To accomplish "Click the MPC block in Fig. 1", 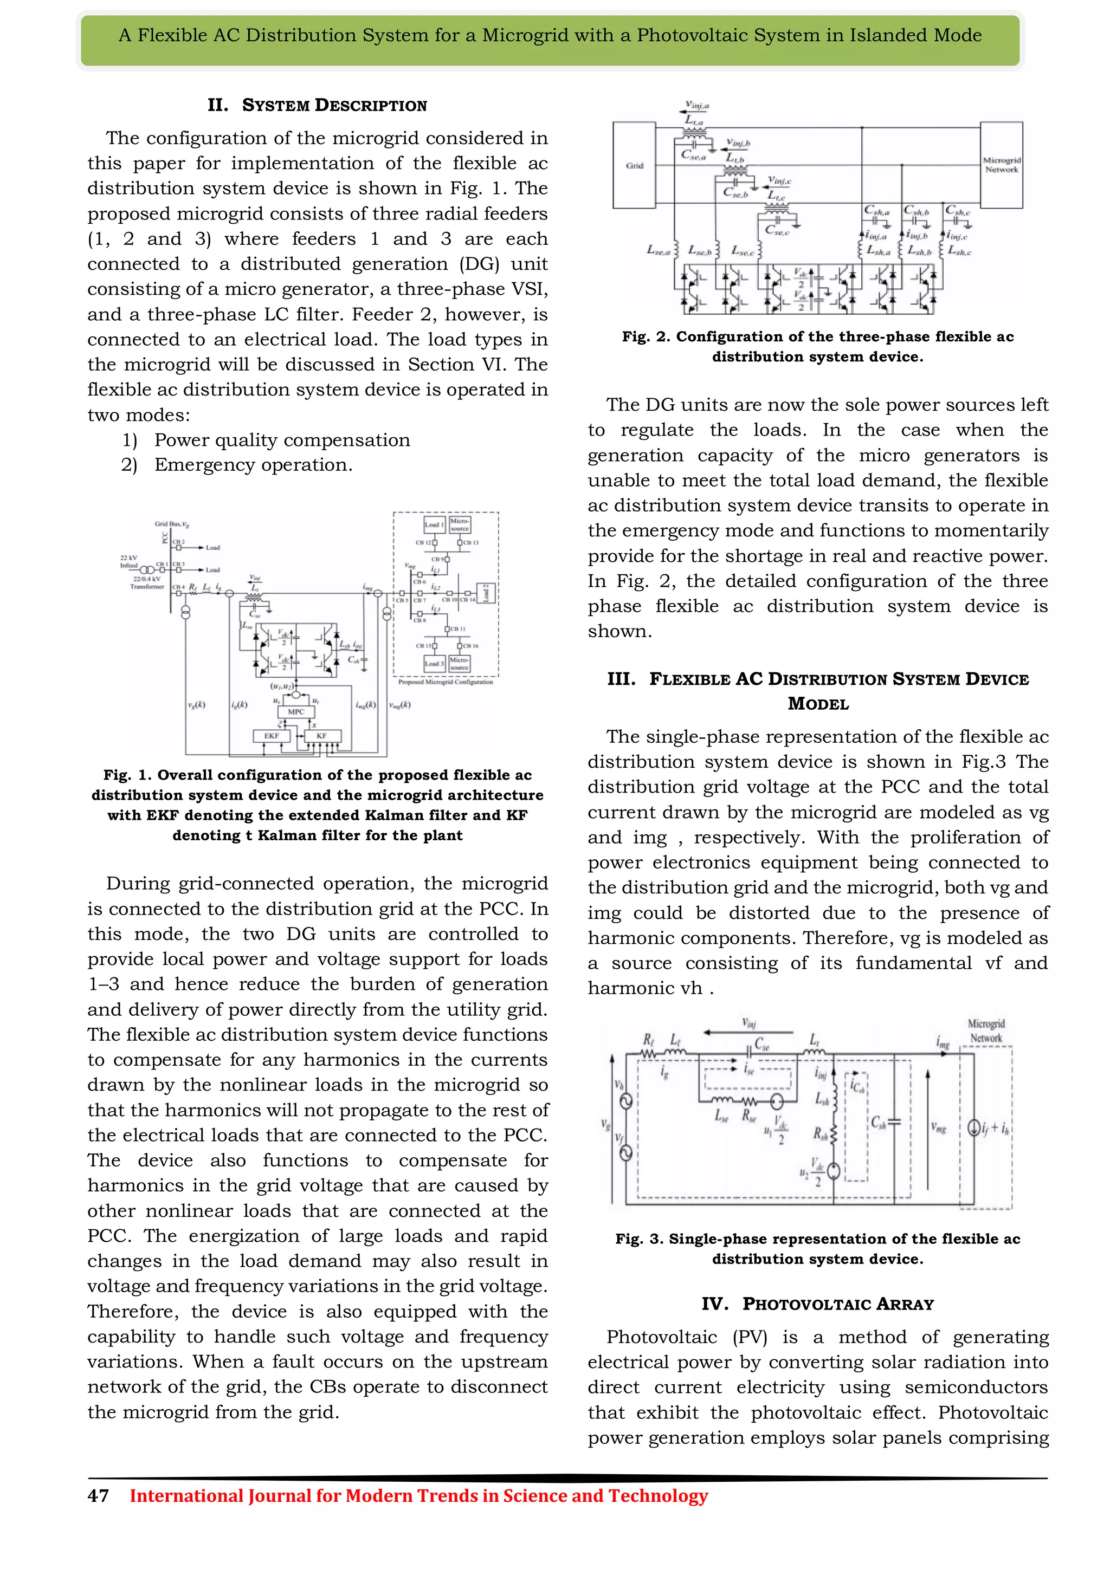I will (x=296, y=711).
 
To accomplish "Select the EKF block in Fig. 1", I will (x=272, y=736).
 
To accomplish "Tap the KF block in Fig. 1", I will (x=321, y=736).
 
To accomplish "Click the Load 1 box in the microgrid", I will (x=435, y=525).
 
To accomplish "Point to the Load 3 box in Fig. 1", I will (x=434, y=663).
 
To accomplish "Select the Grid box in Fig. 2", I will (x=634, y=165).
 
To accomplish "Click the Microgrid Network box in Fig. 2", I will (x=1001, y=165).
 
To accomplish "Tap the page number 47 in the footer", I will (x=98, y=1496).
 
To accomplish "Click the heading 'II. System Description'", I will (x=317, y=105).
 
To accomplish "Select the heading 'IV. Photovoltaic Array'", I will (x=817, y=1304).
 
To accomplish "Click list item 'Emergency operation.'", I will (x=253, y=465).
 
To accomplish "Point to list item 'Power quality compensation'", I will (x=282, y=440).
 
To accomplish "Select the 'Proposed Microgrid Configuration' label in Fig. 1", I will (x=445, y=682).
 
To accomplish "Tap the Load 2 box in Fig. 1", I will (x=487, y=593).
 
